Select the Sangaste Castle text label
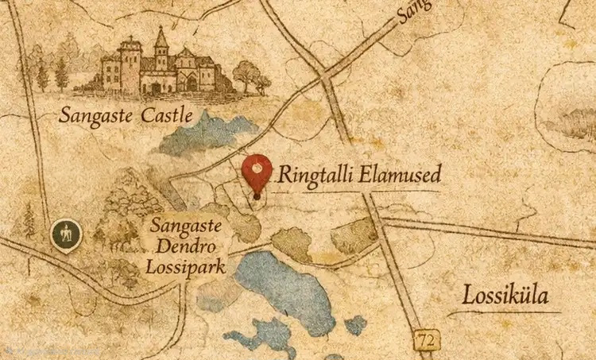pyautogui.click(x=126, y=115)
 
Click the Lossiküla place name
pyautogui.click(x=506, y=296)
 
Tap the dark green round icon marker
pyautogui.click(x=66, y=234)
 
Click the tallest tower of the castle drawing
pyautogui.click(x=161, y=49)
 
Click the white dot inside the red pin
pyautogui.click(x=257, y=167)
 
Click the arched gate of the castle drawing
pyautogui.click(x=191, y=82)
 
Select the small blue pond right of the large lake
pyautogui.click(x=356, y=324)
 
